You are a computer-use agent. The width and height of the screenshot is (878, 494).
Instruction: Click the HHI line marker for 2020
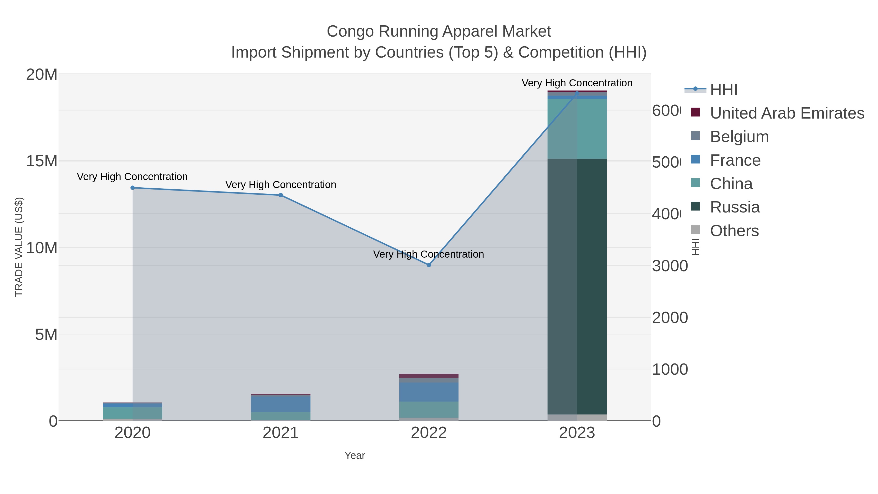[133, 188]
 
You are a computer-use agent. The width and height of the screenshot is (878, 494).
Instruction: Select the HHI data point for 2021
[280, 195]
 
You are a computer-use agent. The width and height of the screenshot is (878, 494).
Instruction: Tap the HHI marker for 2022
[429, 265]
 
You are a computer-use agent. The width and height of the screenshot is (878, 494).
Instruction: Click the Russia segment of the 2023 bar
[577, 286]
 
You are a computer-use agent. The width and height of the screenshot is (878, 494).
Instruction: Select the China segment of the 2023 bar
[577, 129]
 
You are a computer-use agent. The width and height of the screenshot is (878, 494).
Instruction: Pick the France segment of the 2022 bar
[429, 392]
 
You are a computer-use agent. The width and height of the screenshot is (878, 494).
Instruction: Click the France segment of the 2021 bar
[280, 404]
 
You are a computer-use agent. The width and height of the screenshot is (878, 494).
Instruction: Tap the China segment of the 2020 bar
[133, 413]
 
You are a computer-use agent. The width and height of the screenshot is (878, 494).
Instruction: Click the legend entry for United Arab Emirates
[787, 113]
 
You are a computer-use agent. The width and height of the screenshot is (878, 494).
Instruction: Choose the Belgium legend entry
[739, 136]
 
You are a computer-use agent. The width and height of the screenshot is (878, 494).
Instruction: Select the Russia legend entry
[735, 207]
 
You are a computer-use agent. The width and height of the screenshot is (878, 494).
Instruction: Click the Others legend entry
[734, 231]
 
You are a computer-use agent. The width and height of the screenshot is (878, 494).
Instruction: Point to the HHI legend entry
[723, 89]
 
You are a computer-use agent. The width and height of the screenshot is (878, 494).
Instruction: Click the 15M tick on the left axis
[41, 161]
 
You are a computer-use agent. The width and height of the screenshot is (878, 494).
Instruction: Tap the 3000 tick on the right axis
[669, 266]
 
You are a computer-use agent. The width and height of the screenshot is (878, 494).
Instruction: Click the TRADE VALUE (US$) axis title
[19, 247]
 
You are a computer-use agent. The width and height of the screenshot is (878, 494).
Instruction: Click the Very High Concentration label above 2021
[280, 184]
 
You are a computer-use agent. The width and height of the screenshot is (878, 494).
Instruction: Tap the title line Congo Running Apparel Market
[439, 31]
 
